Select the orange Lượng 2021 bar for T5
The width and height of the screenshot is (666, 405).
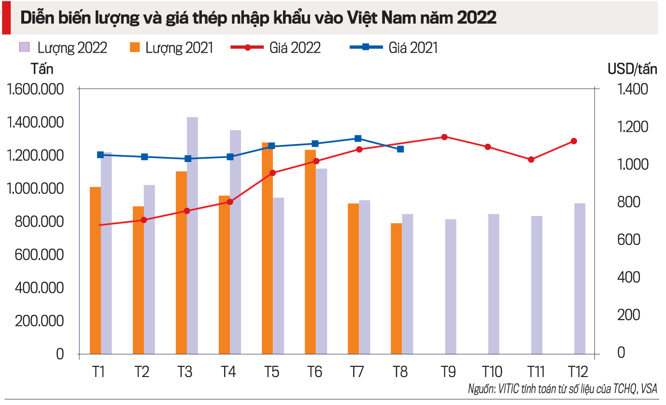pos(268,248)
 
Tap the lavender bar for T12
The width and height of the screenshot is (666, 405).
pos(580,278)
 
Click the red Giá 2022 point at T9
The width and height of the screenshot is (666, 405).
pos(444,137)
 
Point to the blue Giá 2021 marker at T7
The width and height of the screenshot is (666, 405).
pos(358,138)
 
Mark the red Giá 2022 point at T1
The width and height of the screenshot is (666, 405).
pos(100,225)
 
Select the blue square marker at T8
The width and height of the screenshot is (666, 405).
pos(400,149)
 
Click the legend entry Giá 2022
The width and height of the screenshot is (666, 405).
pos(276,47)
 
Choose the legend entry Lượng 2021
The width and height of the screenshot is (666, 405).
pos(171,47)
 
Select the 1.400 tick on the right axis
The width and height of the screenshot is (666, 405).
pos(632,90)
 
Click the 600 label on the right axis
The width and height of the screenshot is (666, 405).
pos(628,240)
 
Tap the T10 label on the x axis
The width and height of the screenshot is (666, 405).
pos(492,372)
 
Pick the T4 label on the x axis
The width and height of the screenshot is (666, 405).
pos(228,372)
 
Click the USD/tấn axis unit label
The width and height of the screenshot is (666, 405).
pos(632,69)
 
